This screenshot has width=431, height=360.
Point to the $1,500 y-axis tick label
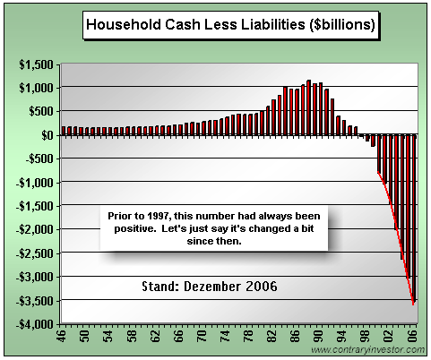(37, 64)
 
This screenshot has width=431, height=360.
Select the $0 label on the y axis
(47, 135)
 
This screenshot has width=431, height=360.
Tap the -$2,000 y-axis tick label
(35, 229)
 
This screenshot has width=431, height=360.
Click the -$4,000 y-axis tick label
(35, 324)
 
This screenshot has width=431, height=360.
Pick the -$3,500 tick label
(35, 301)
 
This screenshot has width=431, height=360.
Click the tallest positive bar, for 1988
(308, 107)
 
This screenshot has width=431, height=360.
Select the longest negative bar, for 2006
(414, 219)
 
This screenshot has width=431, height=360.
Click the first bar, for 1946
(64, 131)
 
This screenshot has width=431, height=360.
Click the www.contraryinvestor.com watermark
(367, 349)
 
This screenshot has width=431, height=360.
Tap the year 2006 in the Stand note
(262, 287)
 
